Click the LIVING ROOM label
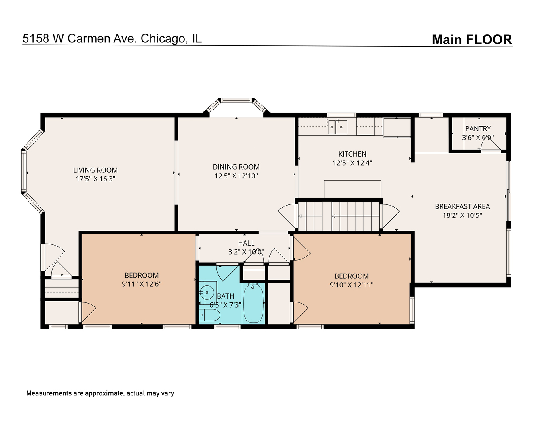(x=95, y=170)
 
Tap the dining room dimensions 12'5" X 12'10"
(x=236, y=176)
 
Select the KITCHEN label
(x=352, y=154)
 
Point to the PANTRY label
(x=478, y=128)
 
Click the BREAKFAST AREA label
(x=462, y=206)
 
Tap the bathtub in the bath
(x=253, y=303)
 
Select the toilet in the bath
(x=210, y=315)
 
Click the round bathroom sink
(x=206, y=293)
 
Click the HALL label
(x=246, y=243)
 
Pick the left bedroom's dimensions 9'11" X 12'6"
(x=142, y=284)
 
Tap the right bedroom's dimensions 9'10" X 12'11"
(x=352, y=285)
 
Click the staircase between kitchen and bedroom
(x=339, y=215)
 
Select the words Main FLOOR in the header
(x=472, y=40)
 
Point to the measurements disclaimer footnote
(x=100, y=393)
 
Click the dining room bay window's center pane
(x=236, y=100)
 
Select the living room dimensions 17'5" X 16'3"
(x=95, y=179)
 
